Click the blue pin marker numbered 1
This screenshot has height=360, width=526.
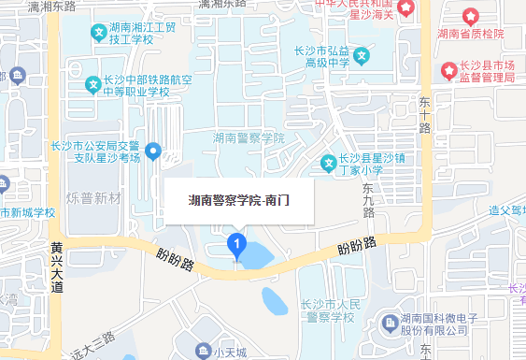236,246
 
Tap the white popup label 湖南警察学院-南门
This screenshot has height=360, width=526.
239,199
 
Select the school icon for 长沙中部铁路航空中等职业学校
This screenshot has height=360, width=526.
92,85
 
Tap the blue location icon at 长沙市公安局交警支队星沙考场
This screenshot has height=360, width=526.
155,151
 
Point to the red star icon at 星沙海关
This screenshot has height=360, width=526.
407,8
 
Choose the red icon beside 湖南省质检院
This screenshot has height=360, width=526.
470,18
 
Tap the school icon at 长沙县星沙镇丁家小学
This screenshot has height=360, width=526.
328,164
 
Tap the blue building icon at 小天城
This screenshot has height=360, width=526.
203,352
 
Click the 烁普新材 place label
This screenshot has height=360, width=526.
94,198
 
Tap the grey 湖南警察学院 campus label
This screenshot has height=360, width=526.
248,137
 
